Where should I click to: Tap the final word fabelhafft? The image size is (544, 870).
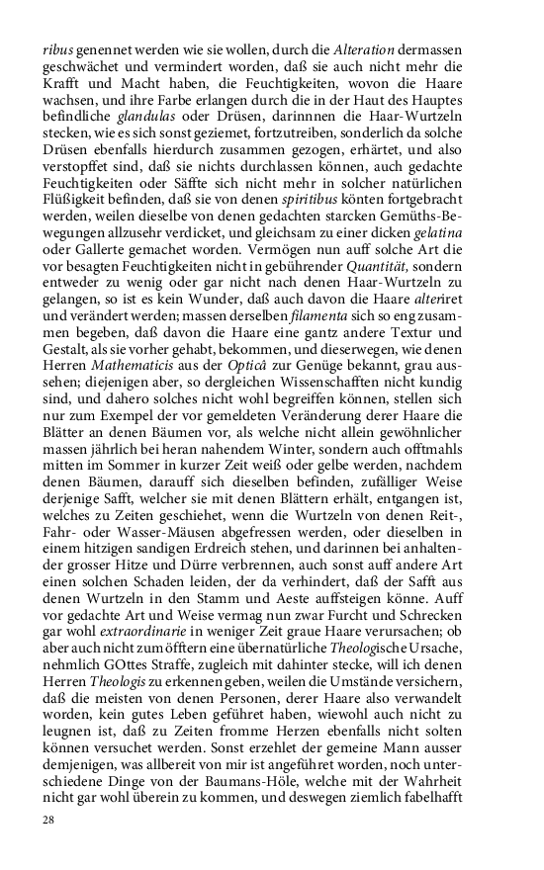(x=468, y=796)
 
